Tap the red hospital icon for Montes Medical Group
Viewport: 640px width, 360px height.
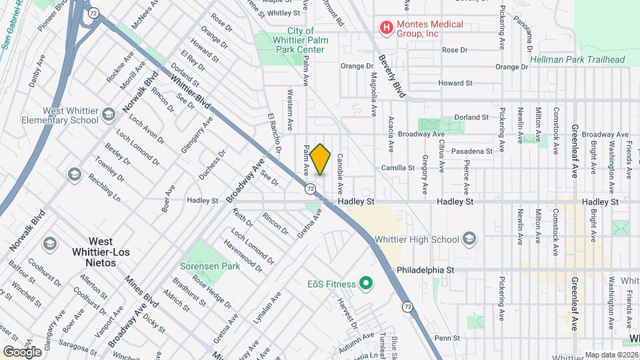point(385,28)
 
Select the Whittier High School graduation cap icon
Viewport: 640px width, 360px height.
point(470,239)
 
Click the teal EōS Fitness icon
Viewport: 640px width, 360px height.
point(365,285)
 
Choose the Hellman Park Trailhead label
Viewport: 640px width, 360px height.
point(577,59)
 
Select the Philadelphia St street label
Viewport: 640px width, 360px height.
point(425,271)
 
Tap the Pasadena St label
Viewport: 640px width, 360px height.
point(471,151)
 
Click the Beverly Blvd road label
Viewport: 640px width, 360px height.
point(392,76)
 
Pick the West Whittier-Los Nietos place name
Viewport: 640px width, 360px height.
point(101,252)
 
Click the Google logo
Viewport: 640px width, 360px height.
point(22,351)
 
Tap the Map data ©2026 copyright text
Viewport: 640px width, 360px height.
point(611,355)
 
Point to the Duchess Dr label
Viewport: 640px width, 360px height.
point(212,165)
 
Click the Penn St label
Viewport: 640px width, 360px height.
point(443,338)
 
